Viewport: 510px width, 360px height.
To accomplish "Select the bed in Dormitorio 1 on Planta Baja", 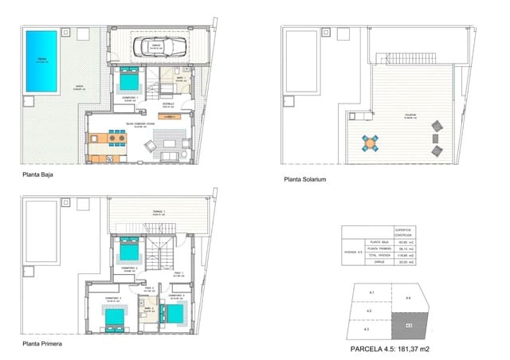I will [129, 80].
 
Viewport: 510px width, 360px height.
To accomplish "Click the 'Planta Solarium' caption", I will [305, 180].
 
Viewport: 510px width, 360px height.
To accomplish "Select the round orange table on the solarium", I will [371, 142].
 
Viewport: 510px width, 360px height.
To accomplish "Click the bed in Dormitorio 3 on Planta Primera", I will [116, 317].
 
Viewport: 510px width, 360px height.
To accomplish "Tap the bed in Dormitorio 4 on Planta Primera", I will [175, 312].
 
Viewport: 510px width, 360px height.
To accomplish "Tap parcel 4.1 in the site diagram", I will [371, 293].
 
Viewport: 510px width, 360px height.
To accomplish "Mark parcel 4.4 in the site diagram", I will [408, 299].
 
